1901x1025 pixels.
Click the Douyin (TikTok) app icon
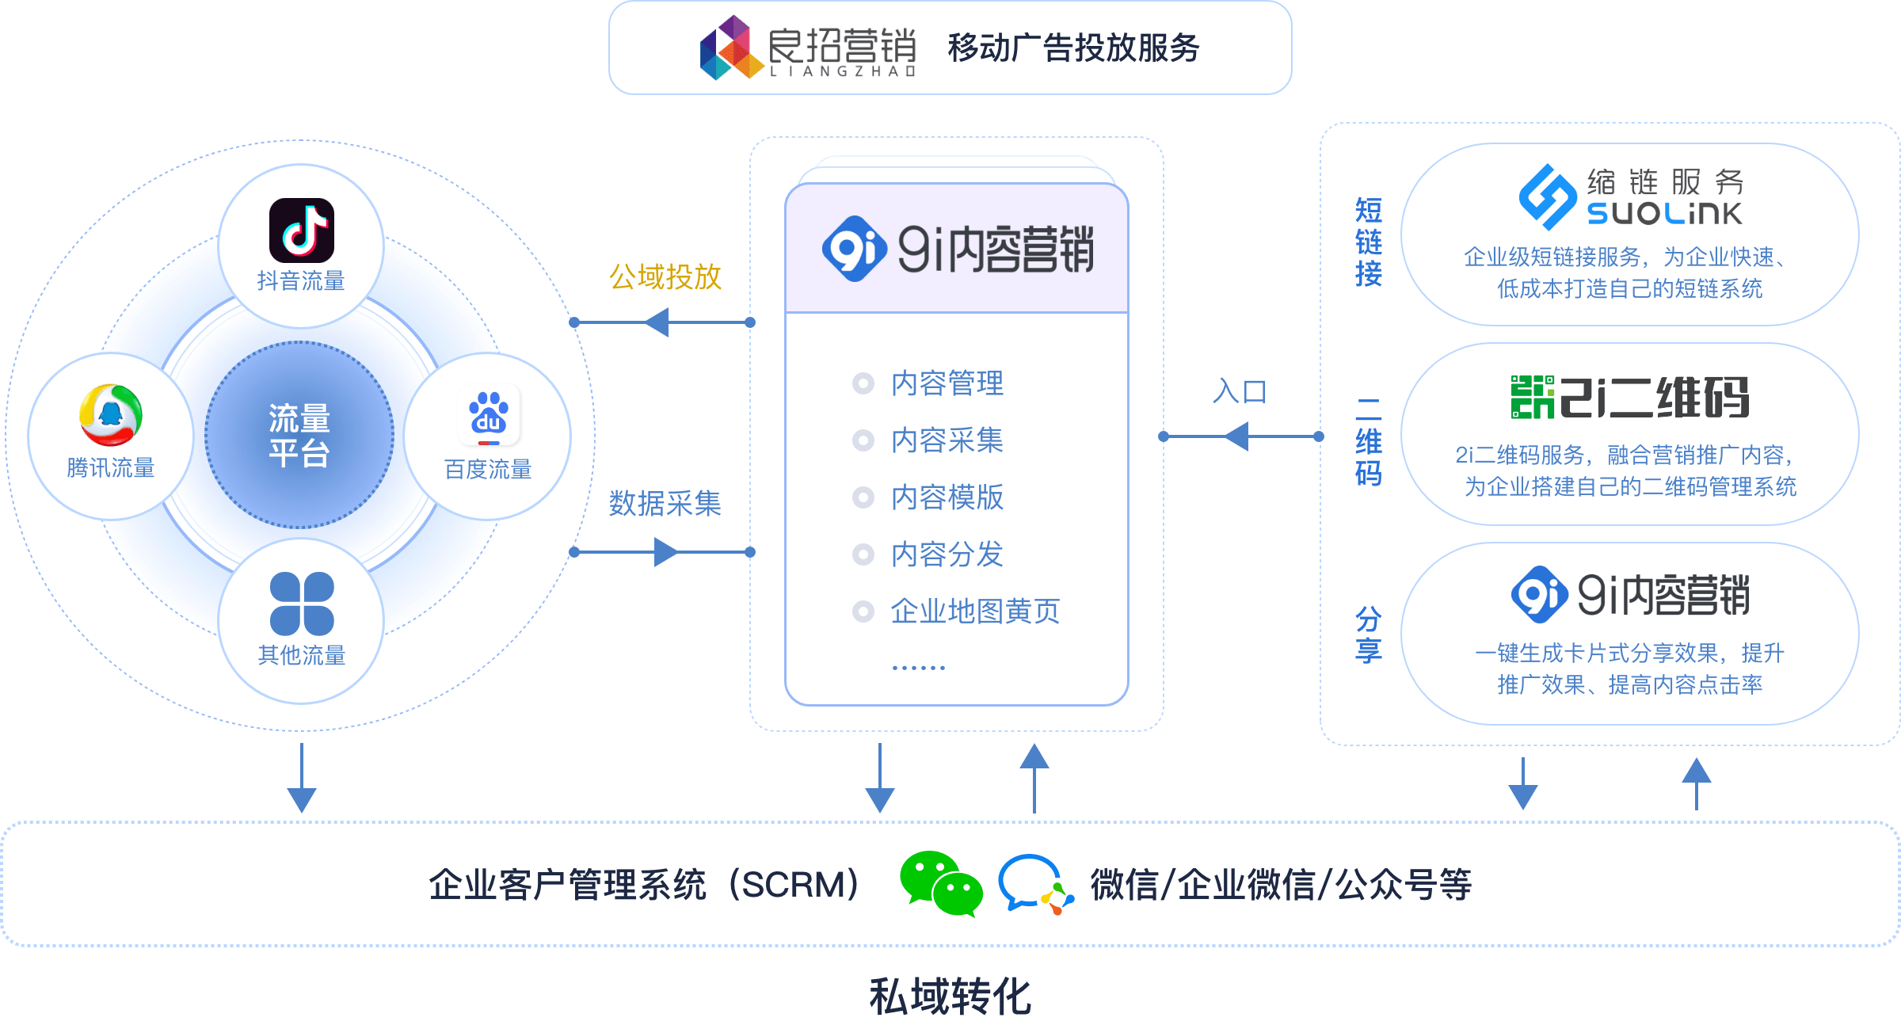click(301, 231)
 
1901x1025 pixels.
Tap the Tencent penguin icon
click(111, 415)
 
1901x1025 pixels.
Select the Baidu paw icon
click(490, 415)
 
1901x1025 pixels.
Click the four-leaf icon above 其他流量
click(302, 604)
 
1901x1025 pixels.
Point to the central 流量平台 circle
click(299, 435)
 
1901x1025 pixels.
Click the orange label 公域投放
click(665, 277)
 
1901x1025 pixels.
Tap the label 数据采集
click(665, 503)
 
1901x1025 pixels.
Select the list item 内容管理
click(947, 383)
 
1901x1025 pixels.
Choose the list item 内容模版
click(947, 497)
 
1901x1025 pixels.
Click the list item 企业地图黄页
click(974, 612)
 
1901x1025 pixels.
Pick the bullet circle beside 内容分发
click(863, 554)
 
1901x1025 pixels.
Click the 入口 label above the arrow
click(1240, 391)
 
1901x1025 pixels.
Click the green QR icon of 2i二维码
click(1532, 397)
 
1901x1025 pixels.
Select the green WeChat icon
click(941, 883)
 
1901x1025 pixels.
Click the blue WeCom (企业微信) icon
click(1034, 883)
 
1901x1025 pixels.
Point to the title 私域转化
click(950, 996)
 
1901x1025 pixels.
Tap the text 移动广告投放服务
click(1073, 48)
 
